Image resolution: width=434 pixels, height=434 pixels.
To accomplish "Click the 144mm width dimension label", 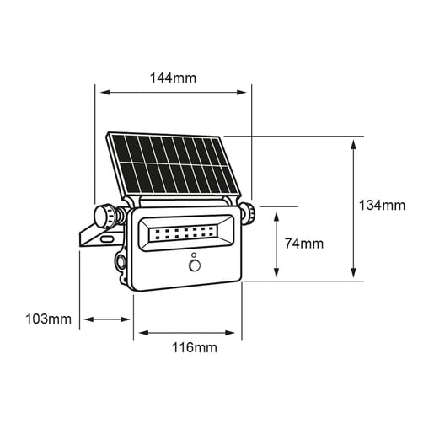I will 173,78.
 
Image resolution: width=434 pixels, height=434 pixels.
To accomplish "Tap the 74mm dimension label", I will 304,244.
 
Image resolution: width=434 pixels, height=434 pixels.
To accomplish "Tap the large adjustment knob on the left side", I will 107,216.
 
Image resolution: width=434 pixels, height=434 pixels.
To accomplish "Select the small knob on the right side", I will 248,213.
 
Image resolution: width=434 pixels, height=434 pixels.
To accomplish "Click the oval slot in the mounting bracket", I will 106,240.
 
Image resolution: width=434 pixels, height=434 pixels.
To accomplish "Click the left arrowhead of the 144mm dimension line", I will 99,92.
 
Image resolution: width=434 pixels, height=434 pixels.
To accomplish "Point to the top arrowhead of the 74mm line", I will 276,214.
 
